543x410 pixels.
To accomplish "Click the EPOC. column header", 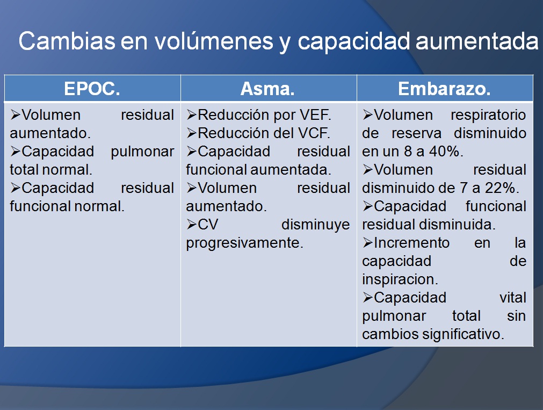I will (x=92, y=89).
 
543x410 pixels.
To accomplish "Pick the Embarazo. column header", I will (x=444, y=89).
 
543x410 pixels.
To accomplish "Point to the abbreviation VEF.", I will (x=319, y=115).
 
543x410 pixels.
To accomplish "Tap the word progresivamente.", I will (x=244, y=243).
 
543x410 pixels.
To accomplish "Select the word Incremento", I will (x=411, y=243).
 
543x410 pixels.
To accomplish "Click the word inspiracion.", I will (x=400, y=279).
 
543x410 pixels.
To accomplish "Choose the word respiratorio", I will (x=488, y=115).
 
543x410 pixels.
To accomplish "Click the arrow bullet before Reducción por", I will (x=192, y=115).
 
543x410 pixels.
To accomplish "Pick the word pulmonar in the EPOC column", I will (x=142, y=152).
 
